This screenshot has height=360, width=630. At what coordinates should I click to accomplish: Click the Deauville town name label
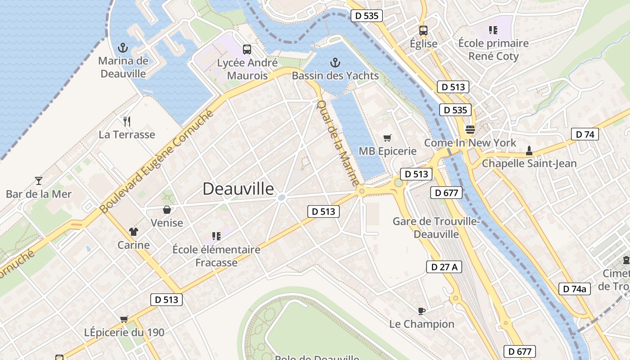click(238, 189)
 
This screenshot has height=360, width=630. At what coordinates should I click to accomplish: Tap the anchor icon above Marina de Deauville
click(122, 47)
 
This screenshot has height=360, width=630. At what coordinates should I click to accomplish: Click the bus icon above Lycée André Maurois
click(247, 49)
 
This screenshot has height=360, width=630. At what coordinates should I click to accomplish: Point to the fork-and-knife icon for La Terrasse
click(127, 121)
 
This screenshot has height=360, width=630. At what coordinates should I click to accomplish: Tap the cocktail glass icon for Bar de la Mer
click(39, 181)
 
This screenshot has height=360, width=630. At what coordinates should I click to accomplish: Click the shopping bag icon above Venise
click(167, 210)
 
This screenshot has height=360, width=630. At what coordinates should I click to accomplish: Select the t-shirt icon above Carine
click(133, 232)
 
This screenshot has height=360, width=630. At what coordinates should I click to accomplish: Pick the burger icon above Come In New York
click(470, 130)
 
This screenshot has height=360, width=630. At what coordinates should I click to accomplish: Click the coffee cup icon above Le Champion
click(421, 310)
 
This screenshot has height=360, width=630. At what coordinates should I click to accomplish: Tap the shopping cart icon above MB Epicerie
click(387, 138)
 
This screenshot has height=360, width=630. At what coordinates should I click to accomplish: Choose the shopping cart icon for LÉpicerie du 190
click(124, 319)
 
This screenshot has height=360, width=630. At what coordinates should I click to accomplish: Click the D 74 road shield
click(585, 134)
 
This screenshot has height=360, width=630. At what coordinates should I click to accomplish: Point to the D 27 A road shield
click(444, 267)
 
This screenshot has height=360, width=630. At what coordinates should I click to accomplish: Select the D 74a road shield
click(574, 289)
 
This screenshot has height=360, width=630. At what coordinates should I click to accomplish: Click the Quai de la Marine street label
click(338, 143)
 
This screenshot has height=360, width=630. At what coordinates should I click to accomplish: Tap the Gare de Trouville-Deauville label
click(436, 228)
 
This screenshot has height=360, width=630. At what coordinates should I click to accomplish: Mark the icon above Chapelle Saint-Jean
click(529, 150)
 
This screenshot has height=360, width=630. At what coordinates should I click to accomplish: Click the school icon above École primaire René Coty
click(493, 30)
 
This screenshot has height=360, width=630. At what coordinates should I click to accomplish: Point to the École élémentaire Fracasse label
click(216, 256)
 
